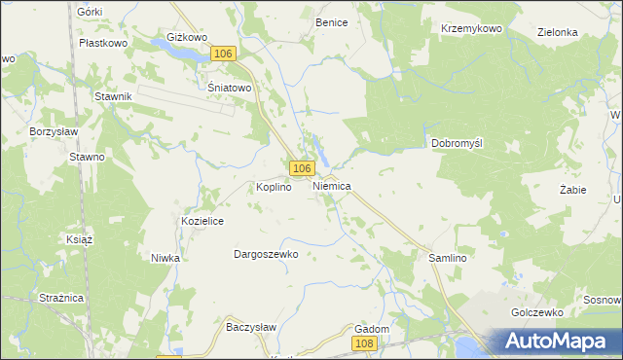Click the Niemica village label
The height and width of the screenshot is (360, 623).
[332, 185]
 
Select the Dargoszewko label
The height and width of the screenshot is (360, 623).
[265, 254]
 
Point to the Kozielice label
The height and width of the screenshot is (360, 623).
[203, 222]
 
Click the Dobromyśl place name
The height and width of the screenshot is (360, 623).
[458, 143]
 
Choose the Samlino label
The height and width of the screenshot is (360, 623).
[449, 258]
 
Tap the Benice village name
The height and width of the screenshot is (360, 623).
[331, 21]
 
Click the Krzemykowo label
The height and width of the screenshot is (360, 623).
[471, 29]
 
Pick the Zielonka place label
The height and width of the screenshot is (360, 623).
[558, 32]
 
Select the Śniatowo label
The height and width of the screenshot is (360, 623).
[231, 87]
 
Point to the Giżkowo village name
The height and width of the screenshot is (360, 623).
[188, 38]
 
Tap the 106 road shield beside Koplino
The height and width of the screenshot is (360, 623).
[301, 167]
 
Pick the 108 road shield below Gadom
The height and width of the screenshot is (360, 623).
[364, 343]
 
